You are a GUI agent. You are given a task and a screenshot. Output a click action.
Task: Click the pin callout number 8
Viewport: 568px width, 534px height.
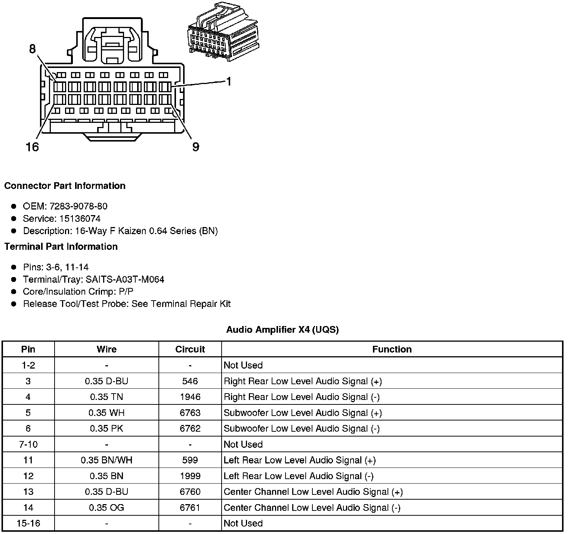click(32, 49)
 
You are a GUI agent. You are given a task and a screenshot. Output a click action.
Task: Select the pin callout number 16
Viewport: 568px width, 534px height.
click(32, 147)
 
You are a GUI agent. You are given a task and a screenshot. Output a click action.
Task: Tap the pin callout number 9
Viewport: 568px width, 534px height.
click(195, 147)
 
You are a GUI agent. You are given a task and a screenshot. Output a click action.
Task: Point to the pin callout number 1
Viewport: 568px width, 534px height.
click(229, 81)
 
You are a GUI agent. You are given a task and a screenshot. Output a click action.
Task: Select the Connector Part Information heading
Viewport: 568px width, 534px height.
click(65, 186)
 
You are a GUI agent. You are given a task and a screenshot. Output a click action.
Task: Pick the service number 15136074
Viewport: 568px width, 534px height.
click(80, 218)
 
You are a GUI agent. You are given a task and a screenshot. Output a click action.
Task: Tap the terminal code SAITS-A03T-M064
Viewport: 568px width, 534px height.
click(125, 279)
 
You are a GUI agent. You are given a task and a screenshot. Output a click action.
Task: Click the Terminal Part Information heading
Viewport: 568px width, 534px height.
click(61, 246)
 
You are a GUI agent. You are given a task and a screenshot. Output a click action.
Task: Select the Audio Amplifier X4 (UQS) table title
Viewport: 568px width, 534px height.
click(283, 330)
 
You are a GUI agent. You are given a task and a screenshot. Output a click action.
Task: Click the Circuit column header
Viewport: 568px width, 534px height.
click(190, 349)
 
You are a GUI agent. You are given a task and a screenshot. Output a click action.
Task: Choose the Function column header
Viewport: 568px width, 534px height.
click(392, 349)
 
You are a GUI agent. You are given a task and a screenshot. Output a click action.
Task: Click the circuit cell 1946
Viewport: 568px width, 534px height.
click(190, 397)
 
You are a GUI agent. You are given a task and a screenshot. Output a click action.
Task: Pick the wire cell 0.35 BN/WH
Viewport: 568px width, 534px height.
click(106, 460)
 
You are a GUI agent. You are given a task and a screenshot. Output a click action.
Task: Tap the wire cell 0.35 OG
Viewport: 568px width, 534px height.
click(106, 507)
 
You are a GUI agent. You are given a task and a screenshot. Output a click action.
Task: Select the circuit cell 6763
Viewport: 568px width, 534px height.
click(190, 413)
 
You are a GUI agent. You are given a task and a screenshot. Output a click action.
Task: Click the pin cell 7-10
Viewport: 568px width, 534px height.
click(28, 444)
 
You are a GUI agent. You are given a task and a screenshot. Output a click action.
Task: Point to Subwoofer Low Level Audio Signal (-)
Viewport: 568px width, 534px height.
click(302, 429)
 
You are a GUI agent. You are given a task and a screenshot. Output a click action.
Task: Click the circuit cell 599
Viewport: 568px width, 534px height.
click(190, 460)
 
